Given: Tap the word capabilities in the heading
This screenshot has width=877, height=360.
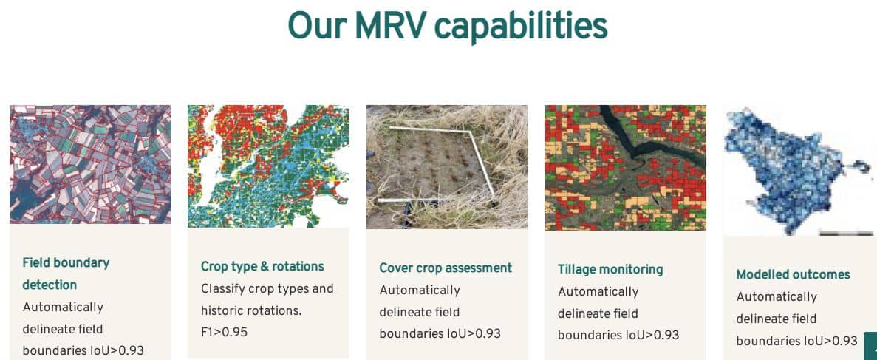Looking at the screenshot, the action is click(522, 27).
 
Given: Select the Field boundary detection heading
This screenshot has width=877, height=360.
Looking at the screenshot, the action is click(66, 274).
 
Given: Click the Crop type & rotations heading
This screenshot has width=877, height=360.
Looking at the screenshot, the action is click(262, 267).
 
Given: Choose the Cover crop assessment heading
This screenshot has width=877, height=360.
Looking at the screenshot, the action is click(446, 268).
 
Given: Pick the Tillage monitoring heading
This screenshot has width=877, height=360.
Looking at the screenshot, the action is click(610, 269).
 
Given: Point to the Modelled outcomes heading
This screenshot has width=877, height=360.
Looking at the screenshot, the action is click(793, 274).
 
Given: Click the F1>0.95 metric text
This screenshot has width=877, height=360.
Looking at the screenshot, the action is click(225, 332).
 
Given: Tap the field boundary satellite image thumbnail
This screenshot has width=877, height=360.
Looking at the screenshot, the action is click(91, 165).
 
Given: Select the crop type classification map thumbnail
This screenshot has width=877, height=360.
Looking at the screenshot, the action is click(268, 166).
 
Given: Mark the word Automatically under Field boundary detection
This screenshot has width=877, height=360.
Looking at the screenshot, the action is click(64, 308).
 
